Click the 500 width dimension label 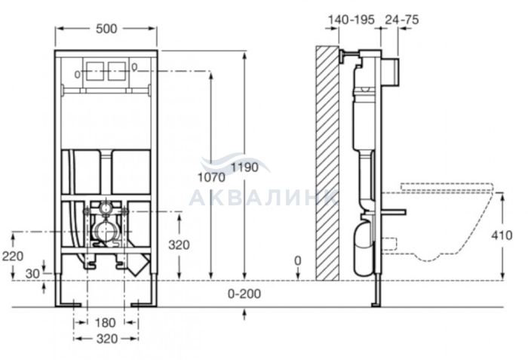[106, 29]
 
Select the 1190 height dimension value [245, 167]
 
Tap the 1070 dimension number [211, 177]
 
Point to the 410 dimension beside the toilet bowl [502, 235]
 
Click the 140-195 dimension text [351, 20]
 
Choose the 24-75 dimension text [402, 20]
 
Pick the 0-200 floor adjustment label [244, 294]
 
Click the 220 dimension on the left [13, 256]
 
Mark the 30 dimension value [32, 274]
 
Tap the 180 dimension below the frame [105, 322]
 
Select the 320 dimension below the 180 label [107, 339]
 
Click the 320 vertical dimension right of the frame [180, 245]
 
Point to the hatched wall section [327, 163]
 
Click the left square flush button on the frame [94, 71]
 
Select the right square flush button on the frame [117, 71]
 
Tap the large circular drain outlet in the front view [106, 232]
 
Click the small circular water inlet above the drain [106, 209]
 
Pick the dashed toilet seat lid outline [447, 187]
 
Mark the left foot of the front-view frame [68, 304]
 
